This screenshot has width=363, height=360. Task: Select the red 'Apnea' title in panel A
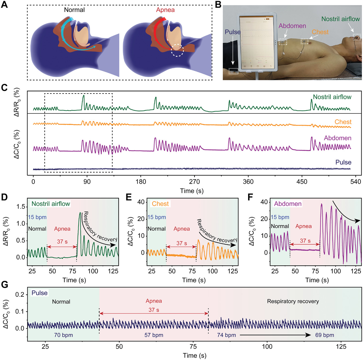pyautogui.click(x=165, y=10)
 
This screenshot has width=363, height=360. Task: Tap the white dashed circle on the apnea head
pyautogui.click(x=177, y=50)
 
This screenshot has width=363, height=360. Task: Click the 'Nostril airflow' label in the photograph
pyautogui.click(x=340, y=19)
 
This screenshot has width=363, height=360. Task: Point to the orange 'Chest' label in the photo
pyautogui.click(x=320, y=32)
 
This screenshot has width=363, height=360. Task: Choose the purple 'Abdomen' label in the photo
pyautogui.click(x=292, y=26)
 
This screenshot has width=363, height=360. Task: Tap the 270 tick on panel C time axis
pyautogui.click(x=194, y=181)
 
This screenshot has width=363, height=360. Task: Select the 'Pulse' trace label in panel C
pyautogui.click(x=343, y=162)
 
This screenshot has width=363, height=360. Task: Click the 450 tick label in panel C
pyautogui.click(x=302, y=181)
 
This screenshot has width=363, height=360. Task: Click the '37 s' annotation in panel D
pyautogui.click(x=62, y=242)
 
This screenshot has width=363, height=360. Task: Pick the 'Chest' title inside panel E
pyautogui.click(x=160, y=204)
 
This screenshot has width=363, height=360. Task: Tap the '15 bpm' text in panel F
pyautogui.click(x=280, y=217)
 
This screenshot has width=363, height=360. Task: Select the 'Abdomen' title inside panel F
pyautogui.click(x=288, y=204)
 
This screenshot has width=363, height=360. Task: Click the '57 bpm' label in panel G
pyautogui.click(x=154, y=335)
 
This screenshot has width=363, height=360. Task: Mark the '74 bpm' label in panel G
pyautogui.click(x=226, y=335)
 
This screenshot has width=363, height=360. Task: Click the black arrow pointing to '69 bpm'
pyautogui.click(x=275, y=335)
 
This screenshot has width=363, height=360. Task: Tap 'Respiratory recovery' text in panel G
pyautogui.click(x=293, y=301)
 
